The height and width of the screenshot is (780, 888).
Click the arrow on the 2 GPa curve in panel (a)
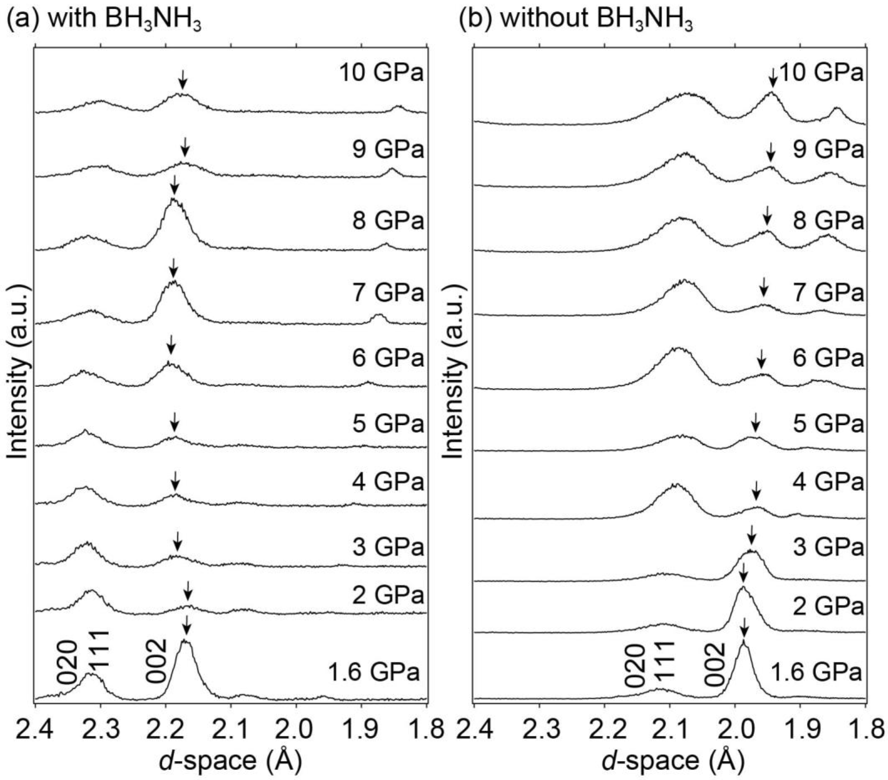188,591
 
